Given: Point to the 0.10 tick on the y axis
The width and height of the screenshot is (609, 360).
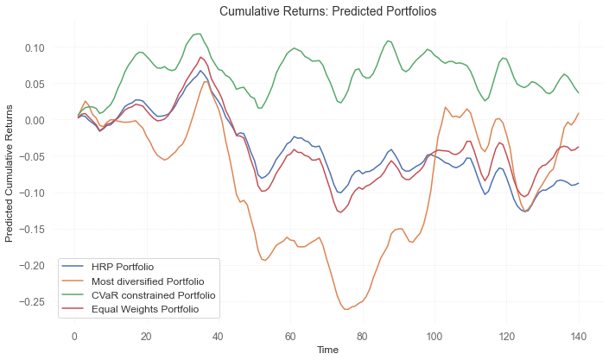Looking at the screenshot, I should tap(35, 47).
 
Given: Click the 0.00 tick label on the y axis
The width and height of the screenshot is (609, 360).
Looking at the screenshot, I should tap(35, 120).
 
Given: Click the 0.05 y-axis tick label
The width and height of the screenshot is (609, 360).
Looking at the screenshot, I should tap(35, 84).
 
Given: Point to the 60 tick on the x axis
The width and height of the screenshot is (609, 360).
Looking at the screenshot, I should tap(290, 336).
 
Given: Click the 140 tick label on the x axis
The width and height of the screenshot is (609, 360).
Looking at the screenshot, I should tap(578, 336).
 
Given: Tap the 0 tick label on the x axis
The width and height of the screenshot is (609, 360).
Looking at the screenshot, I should tap(74, 336).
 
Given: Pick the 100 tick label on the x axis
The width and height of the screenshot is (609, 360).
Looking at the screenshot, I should tap(434, 336).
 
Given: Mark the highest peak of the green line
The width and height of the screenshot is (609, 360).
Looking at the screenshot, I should tap(200, 34).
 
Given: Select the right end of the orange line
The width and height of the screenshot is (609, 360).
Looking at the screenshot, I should tap(578, 113).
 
